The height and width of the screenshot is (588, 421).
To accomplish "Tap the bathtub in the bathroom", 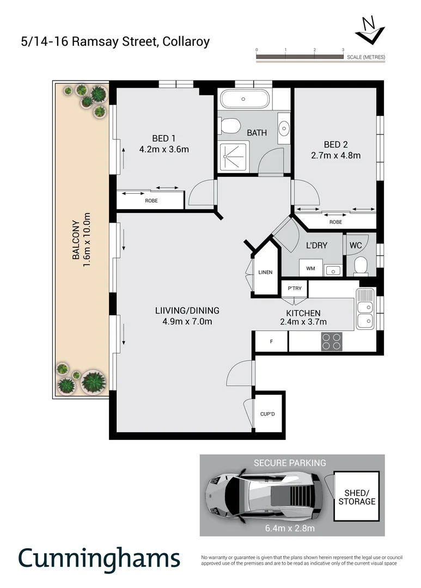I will pyautogui.click(x=243, y=99).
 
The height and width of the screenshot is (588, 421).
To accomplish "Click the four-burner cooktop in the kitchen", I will pyautogui.click(x=332, y=341).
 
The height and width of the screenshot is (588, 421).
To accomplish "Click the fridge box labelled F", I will pyautogui.click(x=271, y=341).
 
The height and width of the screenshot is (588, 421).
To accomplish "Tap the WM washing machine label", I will pyautogui.click(x=310, y=268).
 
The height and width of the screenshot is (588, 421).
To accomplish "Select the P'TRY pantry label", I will pyautogui.click(x=288, y=289).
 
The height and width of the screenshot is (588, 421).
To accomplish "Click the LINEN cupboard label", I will pyautogui.click(x=265, y=272).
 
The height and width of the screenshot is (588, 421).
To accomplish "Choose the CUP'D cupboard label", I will pyautogui.click(x=268, y=414).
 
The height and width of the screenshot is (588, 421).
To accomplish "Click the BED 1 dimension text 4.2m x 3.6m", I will pyautogui.click(x=164, y=149).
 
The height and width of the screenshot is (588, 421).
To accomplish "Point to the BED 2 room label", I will pyautogui.click(x=335, y=144).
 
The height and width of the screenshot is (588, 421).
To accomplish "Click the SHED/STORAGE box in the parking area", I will pyautogui.click(x=357, y=497).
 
